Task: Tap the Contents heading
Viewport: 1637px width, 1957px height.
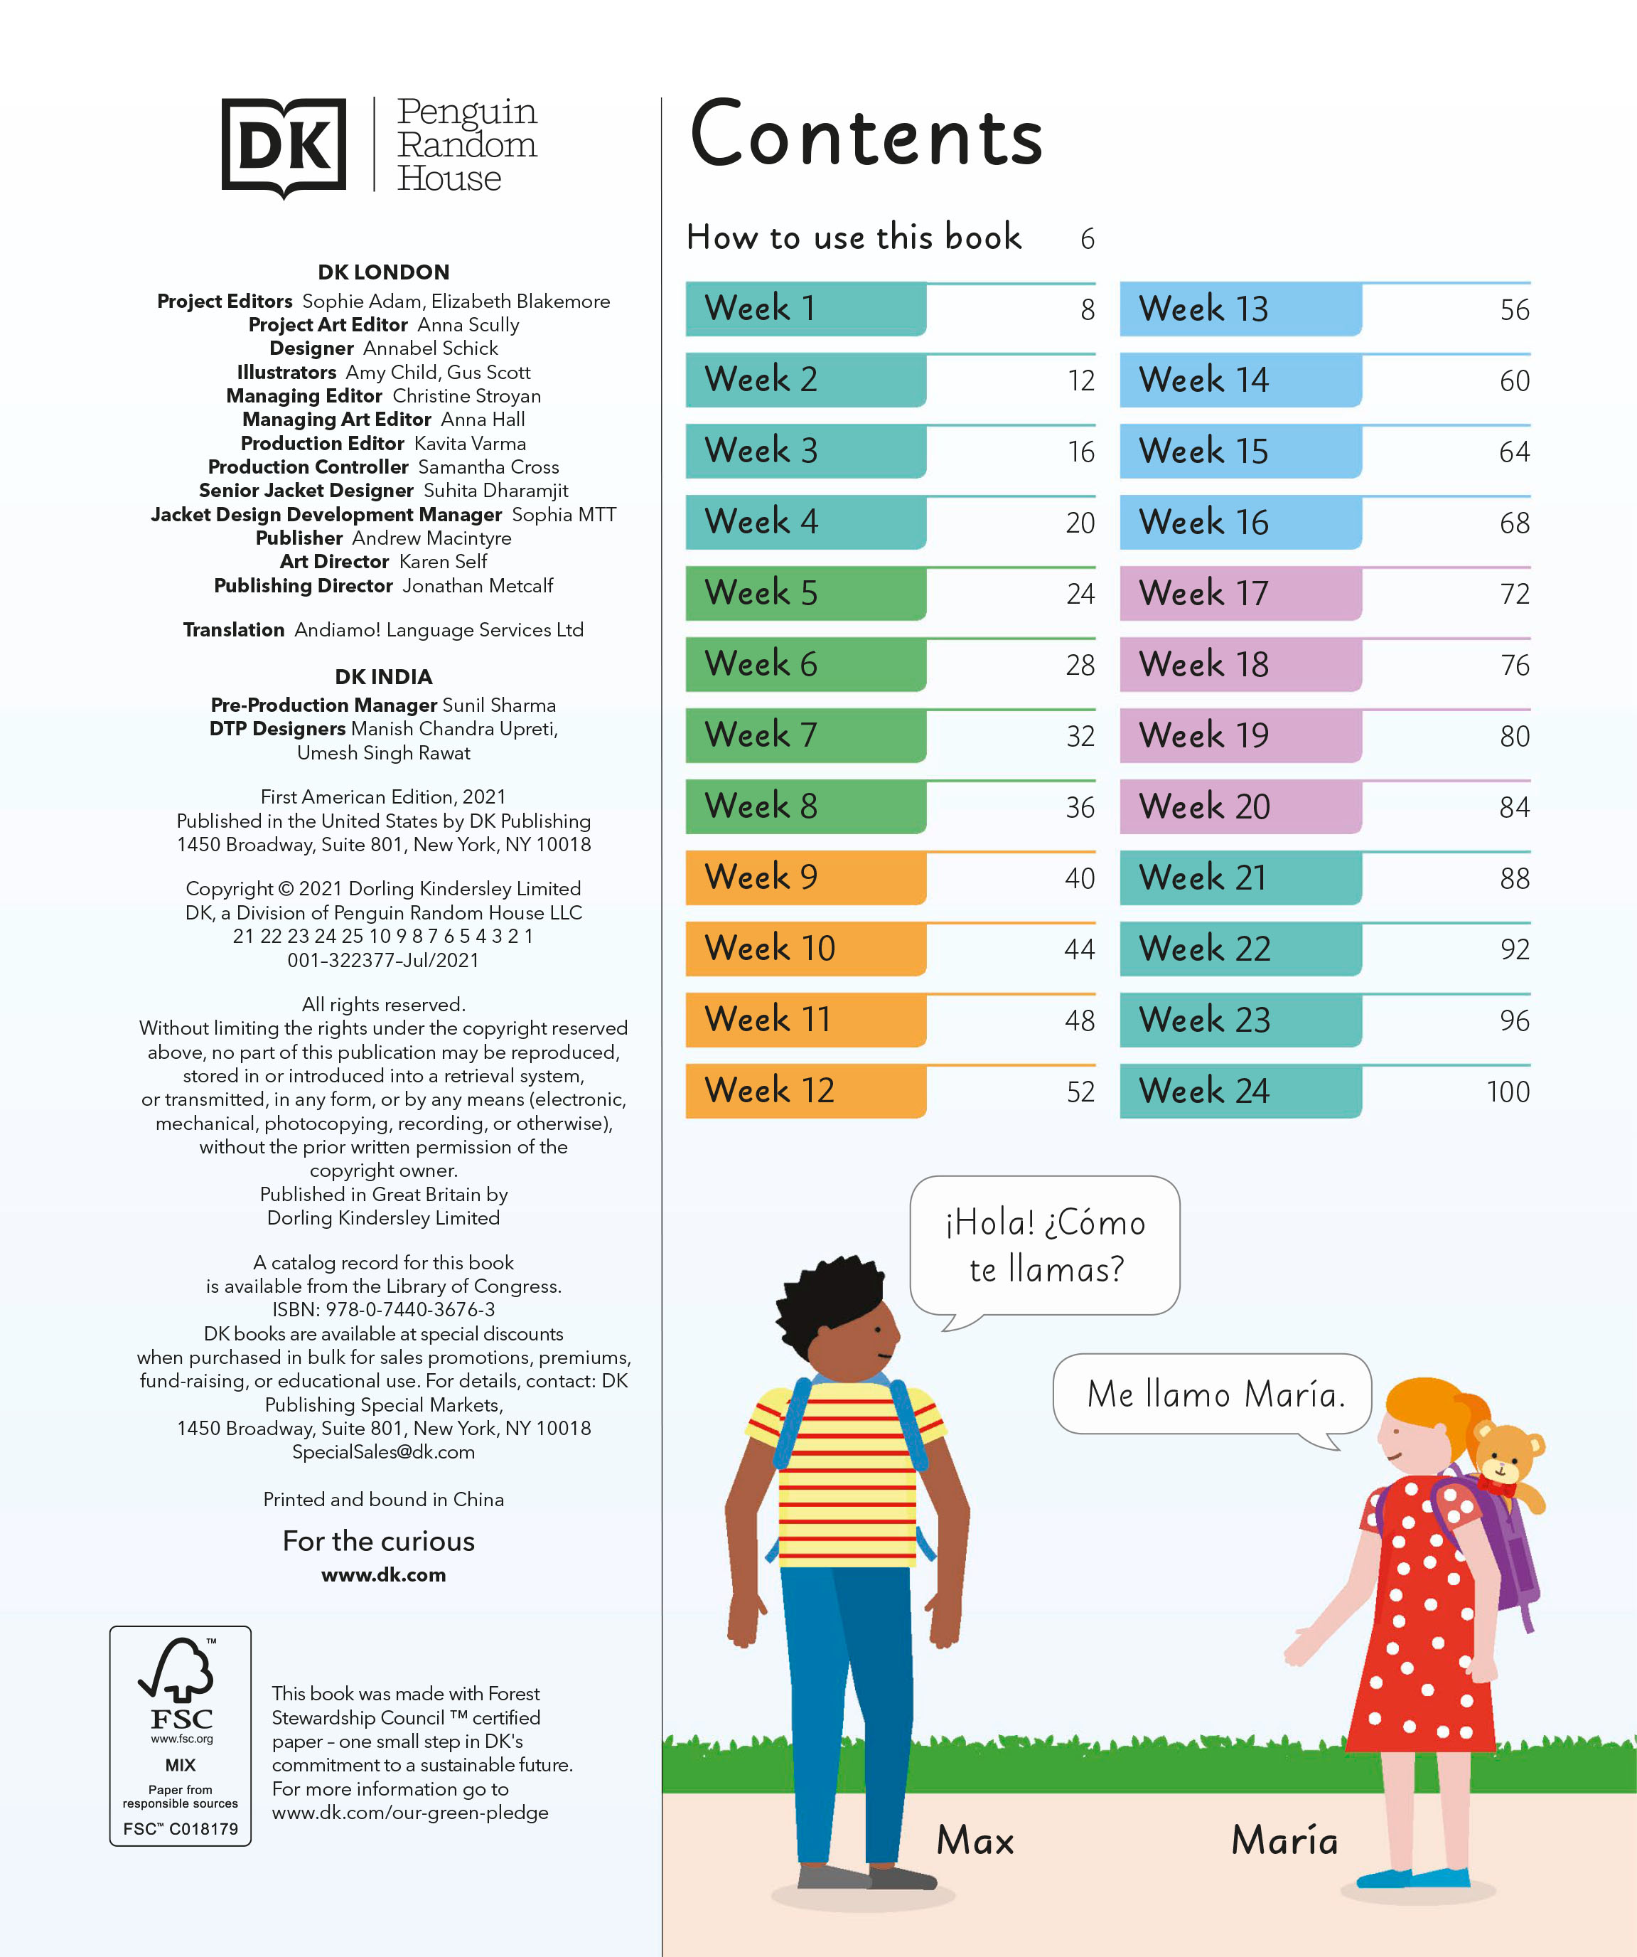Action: click(866, 136)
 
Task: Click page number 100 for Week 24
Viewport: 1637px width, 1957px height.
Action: click(1508, 1092)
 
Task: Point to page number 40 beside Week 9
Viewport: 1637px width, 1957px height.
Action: click(1080, 878)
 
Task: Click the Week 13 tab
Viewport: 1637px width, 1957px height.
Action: click(1239, 309)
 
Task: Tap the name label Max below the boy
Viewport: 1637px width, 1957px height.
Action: click(975, 1840)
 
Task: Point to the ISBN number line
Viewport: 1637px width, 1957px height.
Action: click(383, 1309)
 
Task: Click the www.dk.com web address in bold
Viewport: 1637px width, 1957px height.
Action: click(383, 1575)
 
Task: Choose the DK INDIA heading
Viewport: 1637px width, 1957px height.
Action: click(383, 676)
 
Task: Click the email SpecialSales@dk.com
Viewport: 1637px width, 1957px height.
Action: click(383, 1452)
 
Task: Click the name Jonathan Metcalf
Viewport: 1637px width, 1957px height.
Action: click(477, 586)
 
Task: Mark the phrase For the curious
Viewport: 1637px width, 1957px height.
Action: click(378, 1542)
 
